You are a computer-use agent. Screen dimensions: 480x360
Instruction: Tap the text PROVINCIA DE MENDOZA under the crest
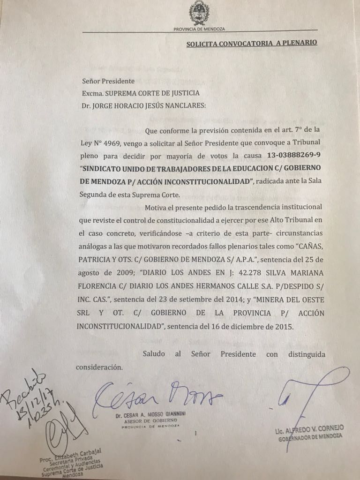199,29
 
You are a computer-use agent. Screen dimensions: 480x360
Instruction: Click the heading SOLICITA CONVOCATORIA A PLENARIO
252,43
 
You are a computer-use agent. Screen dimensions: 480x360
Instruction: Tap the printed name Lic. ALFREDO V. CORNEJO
310,428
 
